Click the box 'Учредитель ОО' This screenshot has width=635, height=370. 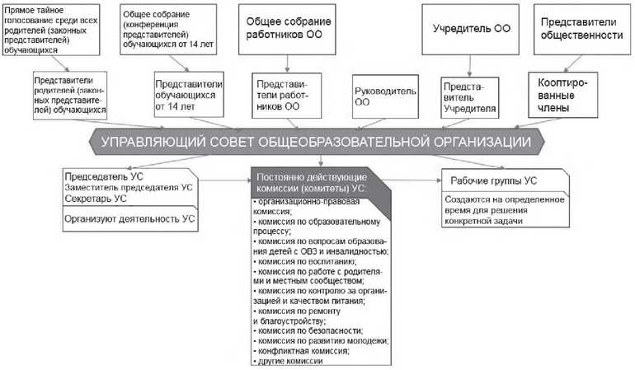(x=470, y=29)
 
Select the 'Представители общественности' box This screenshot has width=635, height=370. (x=582, y=29)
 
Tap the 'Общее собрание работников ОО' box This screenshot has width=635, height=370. (x=287, y=29)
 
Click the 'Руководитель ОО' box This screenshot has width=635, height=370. (x=385, y=96)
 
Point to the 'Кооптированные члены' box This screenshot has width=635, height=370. (x=563, y=95)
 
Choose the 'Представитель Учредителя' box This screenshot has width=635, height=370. (x=470, y=98)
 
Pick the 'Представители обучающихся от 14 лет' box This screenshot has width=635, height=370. (x=189, y=95)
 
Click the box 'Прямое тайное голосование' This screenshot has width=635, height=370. (x=51, y=30)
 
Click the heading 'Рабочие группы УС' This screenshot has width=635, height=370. (x=493, y=181)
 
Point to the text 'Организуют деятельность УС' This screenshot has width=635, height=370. (x=129, y=219)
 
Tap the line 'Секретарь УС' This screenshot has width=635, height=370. (x=96, y=199)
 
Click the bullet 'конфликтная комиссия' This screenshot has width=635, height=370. (x=301, y=351)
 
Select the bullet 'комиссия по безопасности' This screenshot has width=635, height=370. (x=308, y=330)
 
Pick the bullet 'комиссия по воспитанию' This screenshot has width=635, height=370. (x=304, y=261)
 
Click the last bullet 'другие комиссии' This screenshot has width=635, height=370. (x=288, y=361)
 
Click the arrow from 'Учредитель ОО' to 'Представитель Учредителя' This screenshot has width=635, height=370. (x=470, y=66)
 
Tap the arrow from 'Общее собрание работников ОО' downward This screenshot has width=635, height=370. (x=287, y=63)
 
